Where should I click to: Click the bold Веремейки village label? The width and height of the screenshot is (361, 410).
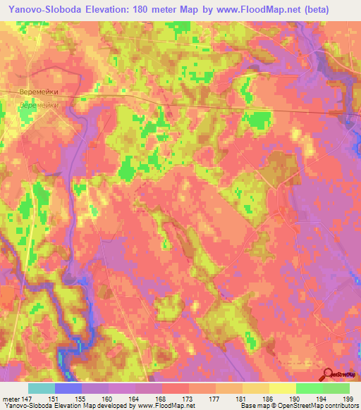38,92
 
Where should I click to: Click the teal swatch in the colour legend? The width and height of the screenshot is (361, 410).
42,388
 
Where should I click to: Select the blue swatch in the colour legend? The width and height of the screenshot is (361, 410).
68,388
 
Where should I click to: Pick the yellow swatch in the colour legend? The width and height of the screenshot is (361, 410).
283,388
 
